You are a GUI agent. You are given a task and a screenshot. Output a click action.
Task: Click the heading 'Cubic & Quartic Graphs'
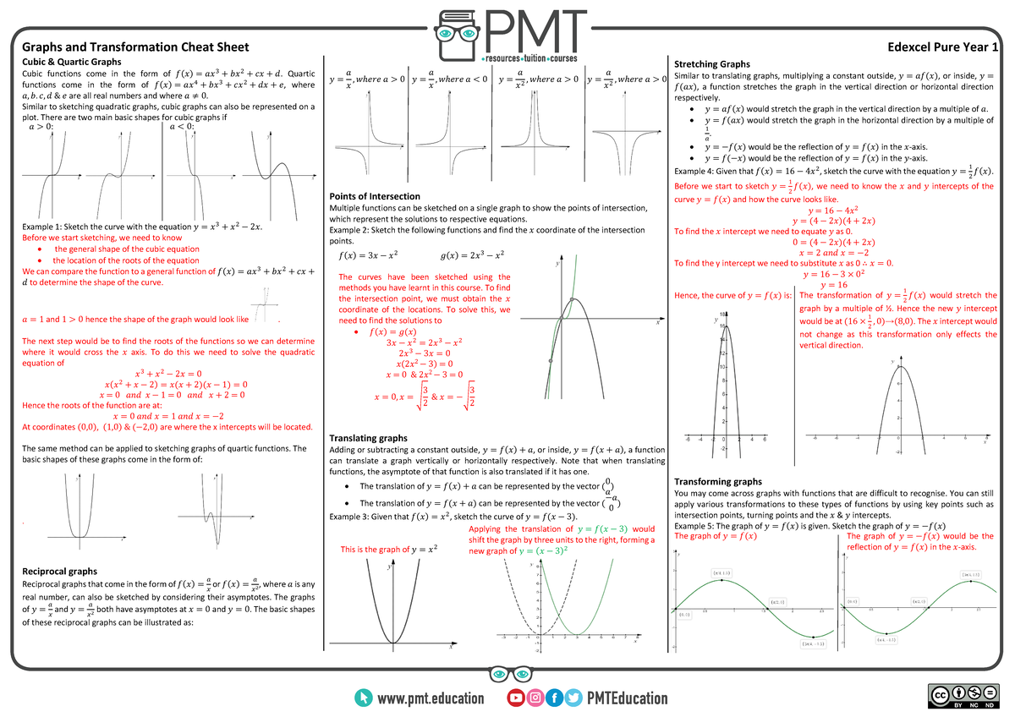click(72, 62)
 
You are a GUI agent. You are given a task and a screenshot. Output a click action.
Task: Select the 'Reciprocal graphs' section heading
click(59, 571)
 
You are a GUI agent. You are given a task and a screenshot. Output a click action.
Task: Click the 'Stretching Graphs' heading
click(711, 63)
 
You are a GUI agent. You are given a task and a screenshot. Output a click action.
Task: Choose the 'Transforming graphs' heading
click(718, 481)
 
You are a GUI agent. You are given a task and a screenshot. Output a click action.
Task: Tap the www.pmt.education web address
click(431, 698)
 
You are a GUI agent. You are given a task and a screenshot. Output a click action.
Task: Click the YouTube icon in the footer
click(514, 698)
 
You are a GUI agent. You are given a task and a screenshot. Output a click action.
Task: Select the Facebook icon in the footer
click(555, 698)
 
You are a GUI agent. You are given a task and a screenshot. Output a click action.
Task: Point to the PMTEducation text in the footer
click(627, 698)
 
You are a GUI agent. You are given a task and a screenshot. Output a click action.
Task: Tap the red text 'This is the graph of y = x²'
click(389, 550)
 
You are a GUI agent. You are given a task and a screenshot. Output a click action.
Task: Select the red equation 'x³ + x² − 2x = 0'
click(168, 373)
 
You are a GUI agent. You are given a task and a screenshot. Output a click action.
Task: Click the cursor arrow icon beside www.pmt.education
click(364, 698)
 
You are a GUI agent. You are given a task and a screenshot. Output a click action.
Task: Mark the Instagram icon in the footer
click(535, 698)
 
